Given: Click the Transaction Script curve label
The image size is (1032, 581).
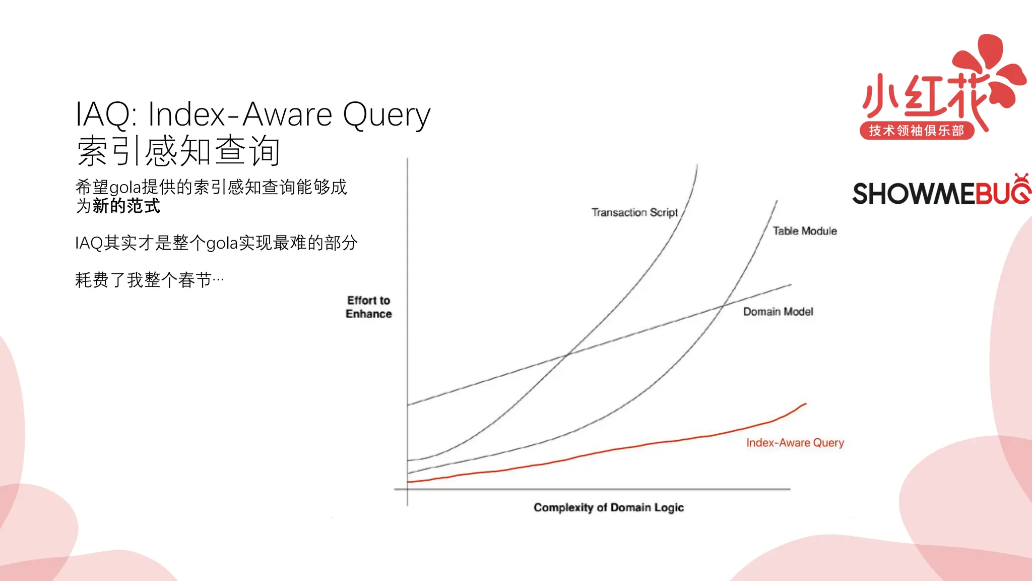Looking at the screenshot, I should point(634,212).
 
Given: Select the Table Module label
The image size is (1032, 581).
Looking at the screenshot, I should point(805,231).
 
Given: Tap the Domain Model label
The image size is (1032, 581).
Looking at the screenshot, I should point(778,312).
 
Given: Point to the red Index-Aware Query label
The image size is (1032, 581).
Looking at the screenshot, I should point(795,443).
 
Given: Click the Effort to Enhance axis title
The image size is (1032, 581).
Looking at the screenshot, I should point(368,307).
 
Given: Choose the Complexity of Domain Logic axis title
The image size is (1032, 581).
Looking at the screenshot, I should point(609,507).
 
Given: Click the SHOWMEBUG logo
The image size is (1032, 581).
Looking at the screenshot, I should point(940,193).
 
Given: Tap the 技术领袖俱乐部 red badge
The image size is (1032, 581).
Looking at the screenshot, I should point(917,131).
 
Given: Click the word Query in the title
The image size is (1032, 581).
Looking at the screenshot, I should point(386,115).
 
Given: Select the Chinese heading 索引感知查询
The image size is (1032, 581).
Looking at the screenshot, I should point(178,151).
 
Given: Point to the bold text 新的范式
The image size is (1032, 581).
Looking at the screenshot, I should point(126,206).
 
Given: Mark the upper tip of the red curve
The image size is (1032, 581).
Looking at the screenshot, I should point(805,404).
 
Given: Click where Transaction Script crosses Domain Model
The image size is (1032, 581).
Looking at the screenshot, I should point(567,355).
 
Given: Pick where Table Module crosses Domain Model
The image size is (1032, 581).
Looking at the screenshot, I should point(724,306).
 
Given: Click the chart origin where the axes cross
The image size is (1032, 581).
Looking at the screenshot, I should point(407,489).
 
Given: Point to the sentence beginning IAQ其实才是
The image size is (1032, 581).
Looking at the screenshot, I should point(216,243).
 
